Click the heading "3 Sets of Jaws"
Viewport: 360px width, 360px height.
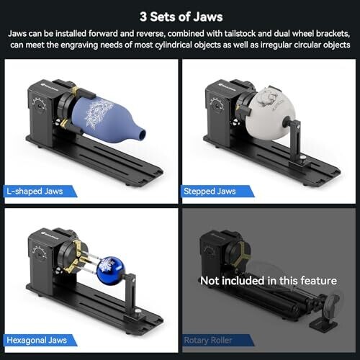181,17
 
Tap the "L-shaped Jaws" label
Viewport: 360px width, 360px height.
35,192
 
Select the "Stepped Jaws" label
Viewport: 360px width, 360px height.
210,192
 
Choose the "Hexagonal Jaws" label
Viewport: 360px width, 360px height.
37,340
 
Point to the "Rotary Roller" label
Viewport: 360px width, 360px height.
208,340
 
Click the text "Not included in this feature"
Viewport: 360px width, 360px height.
269,281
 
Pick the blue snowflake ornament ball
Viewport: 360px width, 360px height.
110,271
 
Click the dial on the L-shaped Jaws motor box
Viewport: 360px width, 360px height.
39,105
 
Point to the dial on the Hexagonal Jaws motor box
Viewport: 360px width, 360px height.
39,253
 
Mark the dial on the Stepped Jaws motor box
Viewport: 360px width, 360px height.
216,105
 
